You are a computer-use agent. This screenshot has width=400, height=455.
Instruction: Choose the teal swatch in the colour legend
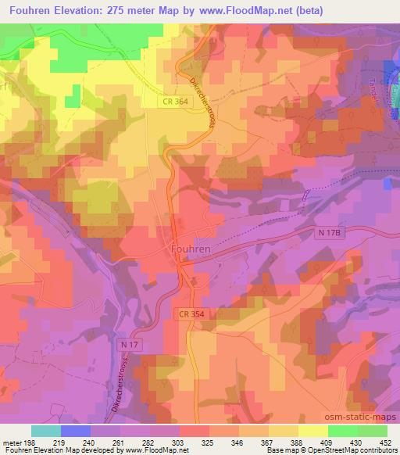46,431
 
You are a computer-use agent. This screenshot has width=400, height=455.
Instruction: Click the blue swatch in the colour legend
76,431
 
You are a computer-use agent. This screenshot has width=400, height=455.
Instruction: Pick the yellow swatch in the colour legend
312,431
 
